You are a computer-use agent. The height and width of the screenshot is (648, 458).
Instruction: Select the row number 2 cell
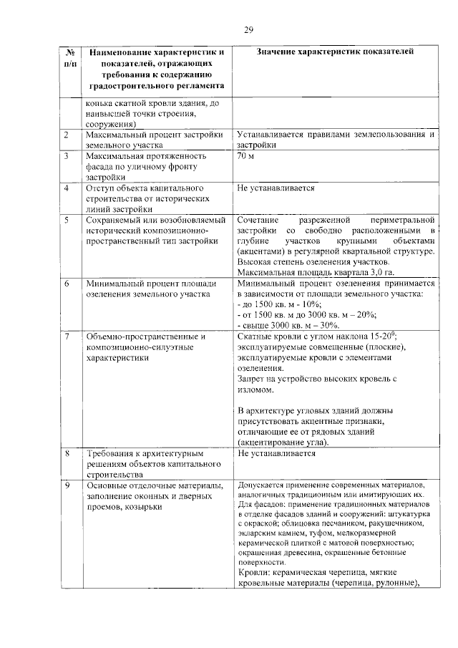click(66, 135)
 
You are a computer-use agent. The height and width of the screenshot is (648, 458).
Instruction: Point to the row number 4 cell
click(66, 188)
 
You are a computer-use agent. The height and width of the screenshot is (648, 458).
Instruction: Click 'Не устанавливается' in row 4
click(276, 188)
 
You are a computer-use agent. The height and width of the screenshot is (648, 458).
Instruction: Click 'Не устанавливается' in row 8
click(276, 454)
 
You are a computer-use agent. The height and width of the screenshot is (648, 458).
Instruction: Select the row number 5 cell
click(66, 220)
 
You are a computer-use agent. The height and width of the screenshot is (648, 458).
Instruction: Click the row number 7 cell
click(66, 336)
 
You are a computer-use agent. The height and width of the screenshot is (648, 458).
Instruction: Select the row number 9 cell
click(66, 485)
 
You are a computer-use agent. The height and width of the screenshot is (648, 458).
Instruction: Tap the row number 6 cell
click(66, 284)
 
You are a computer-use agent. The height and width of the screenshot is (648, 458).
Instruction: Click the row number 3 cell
click(66, 155)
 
